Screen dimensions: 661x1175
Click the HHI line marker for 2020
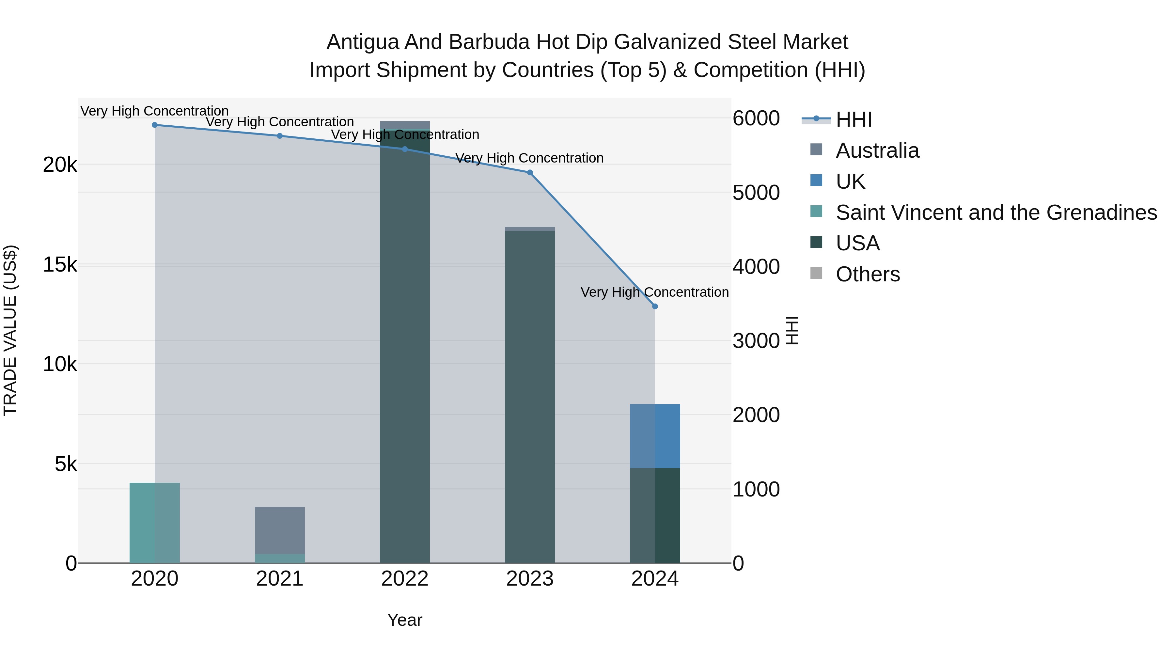pos(155,125)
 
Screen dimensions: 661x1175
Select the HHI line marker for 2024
pos(655,307)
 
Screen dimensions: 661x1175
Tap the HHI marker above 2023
pos(530,172)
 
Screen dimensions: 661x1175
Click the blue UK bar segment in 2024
pos(655,436)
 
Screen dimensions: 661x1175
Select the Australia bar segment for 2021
pos(280,530)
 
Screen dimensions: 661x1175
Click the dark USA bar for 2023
pos(530,397)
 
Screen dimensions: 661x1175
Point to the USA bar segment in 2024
pos(655,515)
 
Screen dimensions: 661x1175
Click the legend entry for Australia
pos(877,150)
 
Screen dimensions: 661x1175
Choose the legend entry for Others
pos(868,274)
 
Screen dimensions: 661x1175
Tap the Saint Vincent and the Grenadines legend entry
pos(996,212)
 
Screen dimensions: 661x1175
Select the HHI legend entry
pos(854,119)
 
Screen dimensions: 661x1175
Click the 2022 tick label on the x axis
pos(405,579)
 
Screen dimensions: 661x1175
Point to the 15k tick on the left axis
pos(60,265)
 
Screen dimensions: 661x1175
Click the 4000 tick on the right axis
pos(756,267)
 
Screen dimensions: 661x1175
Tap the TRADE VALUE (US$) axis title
pos(10,330)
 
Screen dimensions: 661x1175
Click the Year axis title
pos(405,620)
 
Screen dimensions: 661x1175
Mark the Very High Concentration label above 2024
pos(654,292)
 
